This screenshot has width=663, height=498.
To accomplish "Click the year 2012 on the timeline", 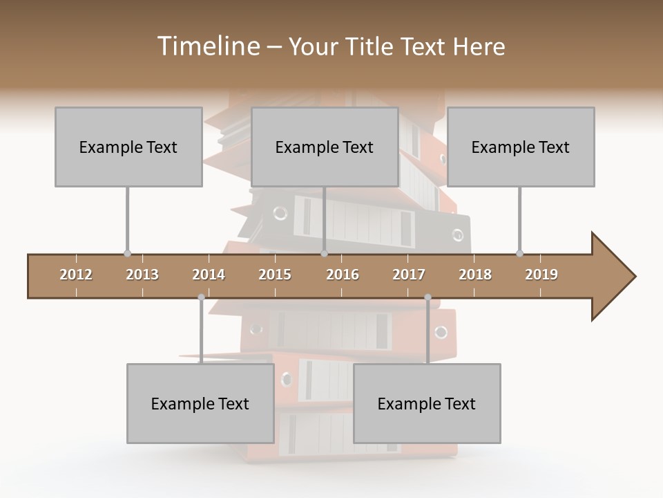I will point(76,275).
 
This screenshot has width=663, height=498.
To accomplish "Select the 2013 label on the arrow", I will point(142,275).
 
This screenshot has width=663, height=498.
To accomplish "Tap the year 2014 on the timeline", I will point(209,275).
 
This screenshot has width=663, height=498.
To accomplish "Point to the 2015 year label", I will point(275,275).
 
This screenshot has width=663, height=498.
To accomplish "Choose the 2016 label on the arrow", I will point(343,275).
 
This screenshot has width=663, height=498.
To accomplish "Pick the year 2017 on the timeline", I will point(409,275).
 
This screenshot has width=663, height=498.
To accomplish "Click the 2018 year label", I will point(475,275).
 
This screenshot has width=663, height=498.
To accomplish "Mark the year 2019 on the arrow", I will point(541,275).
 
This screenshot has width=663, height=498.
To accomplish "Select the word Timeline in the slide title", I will point(206,46).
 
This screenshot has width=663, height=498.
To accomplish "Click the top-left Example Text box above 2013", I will point(128,147).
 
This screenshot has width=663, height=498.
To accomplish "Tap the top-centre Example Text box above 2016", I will point(325,147).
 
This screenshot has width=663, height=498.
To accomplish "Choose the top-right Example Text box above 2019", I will point(521,147).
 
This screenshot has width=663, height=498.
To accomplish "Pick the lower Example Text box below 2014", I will point(200,403).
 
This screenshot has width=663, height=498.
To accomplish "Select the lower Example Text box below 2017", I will point(427,403).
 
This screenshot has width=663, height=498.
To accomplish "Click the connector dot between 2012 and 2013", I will point(127,254).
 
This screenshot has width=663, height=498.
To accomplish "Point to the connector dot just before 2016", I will point(324,254).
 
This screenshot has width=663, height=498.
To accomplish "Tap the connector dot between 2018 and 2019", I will point(519,254).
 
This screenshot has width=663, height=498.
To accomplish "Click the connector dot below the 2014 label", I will point(201,297).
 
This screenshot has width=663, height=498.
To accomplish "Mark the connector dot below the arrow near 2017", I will point(427,297).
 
